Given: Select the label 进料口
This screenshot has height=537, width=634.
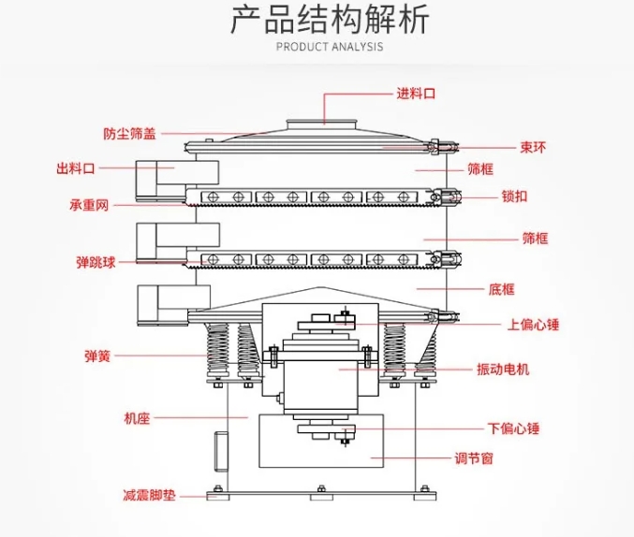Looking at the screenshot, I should [x=417, y=94].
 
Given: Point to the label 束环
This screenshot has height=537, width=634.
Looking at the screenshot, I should [x=534, y=146].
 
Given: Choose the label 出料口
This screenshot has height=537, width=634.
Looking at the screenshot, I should [x=76, y=168].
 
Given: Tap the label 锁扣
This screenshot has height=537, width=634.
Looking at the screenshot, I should [x=515, y=196].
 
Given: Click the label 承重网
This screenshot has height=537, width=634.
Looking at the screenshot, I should [x=90, y=204].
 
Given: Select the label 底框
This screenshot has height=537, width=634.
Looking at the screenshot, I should [x=502, y=290].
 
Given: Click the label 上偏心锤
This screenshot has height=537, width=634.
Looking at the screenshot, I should [x=533, y=326].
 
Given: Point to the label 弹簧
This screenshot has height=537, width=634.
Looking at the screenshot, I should [x=97, y=356].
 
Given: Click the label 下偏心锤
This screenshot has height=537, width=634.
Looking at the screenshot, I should [x=514, y=429].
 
